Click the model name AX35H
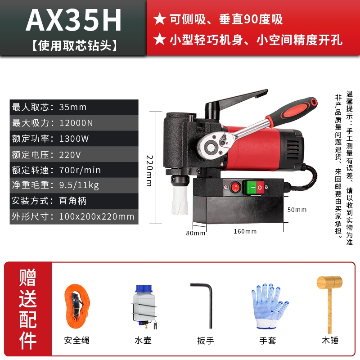click(73, 20)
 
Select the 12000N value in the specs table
click(76, 123)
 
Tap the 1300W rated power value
click(74, 139)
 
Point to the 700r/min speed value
click(80, 170)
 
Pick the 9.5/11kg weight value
click(79, 185)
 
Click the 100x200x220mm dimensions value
click(97, 216)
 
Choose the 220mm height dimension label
click(149, 171)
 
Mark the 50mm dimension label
click(297, 210)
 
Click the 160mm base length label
click(245, 231)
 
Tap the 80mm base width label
click(196, 233)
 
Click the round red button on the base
click(235, 187)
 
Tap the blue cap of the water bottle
click(144, 288)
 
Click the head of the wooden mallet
click(329, 283)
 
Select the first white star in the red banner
click(160, 19)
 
